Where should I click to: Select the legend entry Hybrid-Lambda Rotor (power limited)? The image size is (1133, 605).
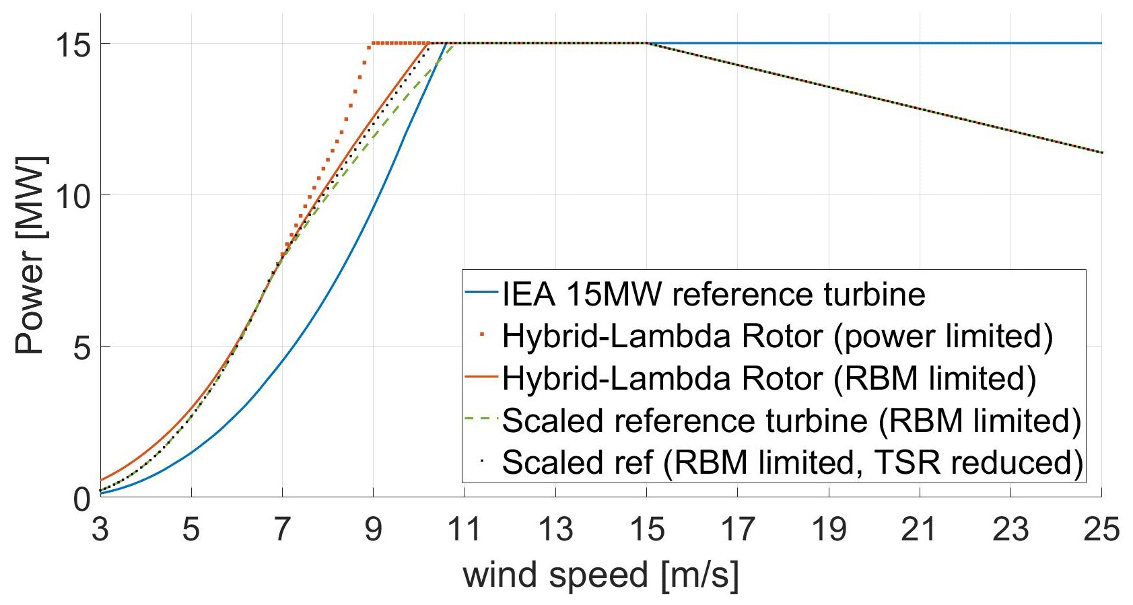[777, 336]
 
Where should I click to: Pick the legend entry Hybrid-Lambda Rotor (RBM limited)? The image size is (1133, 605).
[769, 378]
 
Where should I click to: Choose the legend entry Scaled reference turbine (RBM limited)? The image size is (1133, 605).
[791, 421]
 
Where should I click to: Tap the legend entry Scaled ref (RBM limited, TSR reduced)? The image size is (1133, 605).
[792, 462]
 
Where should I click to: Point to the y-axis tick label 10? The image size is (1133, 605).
[73, 196]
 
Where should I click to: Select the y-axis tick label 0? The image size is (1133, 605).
[81, 499]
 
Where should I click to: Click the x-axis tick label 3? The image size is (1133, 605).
[100, 530]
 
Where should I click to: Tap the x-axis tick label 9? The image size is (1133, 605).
[373, 530]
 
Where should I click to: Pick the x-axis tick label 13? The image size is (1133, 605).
[555, 530]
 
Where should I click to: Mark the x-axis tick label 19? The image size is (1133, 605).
[829, 530]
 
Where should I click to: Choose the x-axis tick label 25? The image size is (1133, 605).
[1101, 530]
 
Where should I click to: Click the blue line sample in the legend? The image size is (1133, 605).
[481, 294]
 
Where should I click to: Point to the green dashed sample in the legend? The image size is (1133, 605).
[481, 420]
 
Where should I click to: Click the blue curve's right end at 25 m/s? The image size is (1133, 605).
[1101, 43]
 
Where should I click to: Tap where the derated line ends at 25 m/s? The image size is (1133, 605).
[1101, 153]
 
